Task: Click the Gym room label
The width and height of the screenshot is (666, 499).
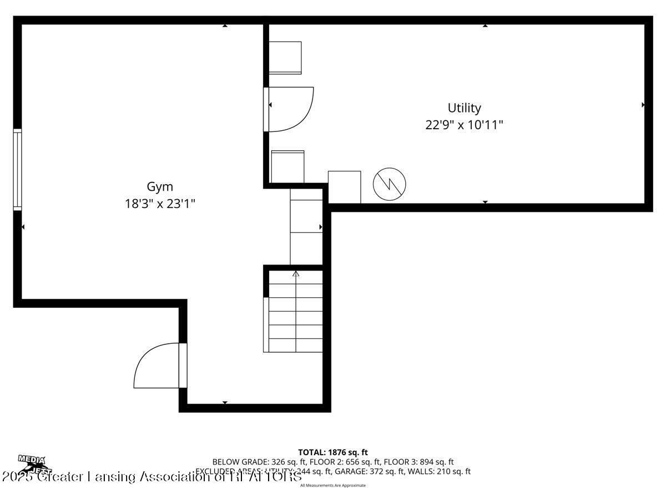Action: pos(160,187)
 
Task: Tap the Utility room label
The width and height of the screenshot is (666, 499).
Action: pos(464,108)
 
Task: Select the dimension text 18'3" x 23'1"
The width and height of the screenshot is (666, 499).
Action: pos(160,204)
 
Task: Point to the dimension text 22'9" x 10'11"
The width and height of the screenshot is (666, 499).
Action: pos(464,125)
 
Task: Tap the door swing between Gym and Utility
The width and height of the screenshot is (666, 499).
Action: pos(291,109)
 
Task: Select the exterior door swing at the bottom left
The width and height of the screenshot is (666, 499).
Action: pos(158,365)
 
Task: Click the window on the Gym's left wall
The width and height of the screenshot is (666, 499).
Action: pos(18,170)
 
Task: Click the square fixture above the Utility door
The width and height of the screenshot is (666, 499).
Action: pos(285,58)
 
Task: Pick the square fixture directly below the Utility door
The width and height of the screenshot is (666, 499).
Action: pos(287,166)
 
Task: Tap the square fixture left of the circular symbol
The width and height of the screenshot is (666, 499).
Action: pos(344,187)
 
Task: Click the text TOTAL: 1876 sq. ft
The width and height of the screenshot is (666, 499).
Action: pos(333,452)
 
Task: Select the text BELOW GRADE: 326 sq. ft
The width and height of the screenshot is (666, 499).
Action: pos(248,462)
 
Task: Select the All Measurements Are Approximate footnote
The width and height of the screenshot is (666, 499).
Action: pos(333,485)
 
